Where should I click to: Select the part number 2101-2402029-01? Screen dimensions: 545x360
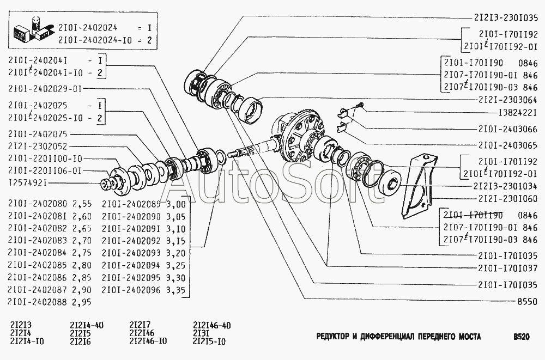click(x=43, y=88)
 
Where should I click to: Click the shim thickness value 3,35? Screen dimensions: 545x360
click(x=175, y=290)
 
